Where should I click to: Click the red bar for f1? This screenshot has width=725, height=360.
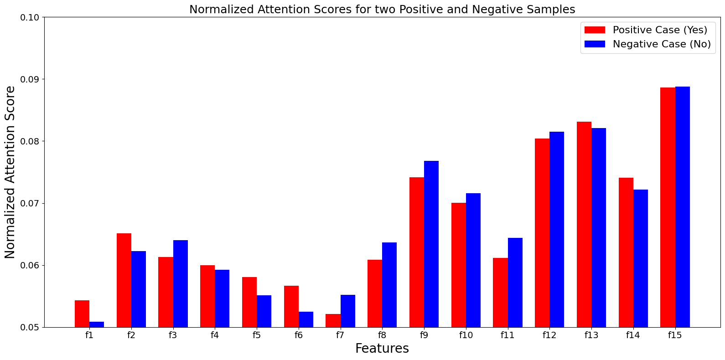(x=82, y=314)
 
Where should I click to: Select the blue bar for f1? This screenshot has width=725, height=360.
(x=97, y=324)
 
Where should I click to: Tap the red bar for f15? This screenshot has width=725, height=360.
(x=668, y=207)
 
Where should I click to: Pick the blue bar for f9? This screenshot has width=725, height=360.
(x=431, y=244)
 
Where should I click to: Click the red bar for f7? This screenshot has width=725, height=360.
(x=333, y=320)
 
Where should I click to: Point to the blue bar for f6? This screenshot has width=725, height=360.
(x=306, y=319)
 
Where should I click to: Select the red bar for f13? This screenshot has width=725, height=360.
(x=584, y=225)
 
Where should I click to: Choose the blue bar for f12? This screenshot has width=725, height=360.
(x=557, y=230)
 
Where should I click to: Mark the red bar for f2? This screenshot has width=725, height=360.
(x=124, y=280)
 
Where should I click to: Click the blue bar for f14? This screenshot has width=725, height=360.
(x=641, y=258)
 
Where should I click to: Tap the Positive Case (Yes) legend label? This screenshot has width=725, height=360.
(x=660, y=30)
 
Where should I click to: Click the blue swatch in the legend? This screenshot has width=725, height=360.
(x=595, y=44)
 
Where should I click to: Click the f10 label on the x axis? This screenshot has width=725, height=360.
(x=466, y=335)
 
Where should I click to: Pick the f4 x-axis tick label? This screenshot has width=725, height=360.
(x=215, y=335)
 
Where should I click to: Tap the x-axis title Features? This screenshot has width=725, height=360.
(x=382, y=349)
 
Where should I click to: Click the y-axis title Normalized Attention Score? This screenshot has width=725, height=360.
(x=10, y=172)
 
